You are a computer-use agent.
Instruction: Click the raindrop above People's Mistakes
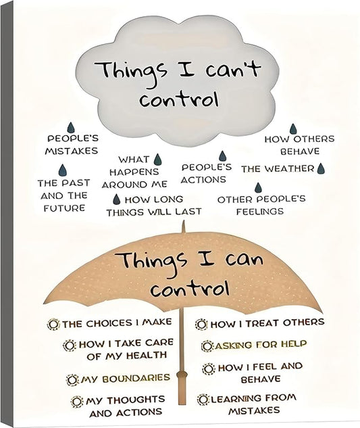[71, 128]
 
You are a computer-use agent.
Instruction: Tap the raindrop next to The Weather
[321, 168]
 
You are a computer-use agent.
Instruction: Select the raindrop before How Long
[117, 199]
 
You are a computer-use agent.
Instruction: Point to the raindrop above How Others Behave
[293, 129]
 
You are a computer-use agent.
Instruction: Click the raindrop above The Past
[62, 170]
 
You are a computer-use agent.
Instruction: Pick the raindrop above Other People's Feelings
[258, 187]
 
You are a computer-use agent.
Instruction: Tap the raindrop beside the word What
[157, 160]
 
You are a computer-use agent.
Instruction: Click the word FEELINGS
[260, 212]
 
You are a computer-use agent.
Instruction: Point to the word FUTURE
[64, 208]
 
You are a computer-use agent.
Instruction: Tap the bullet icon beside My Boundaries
[72, 380]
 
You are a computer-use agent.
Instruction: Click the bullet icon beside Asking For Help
[207, 346]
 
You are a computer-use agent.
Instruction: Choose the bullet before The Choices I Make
[53, 325]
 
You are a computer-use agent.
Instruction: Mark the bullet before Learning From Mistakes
[203, 400]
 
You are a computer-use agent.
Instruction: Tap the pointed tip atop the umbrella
[183, 222]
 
